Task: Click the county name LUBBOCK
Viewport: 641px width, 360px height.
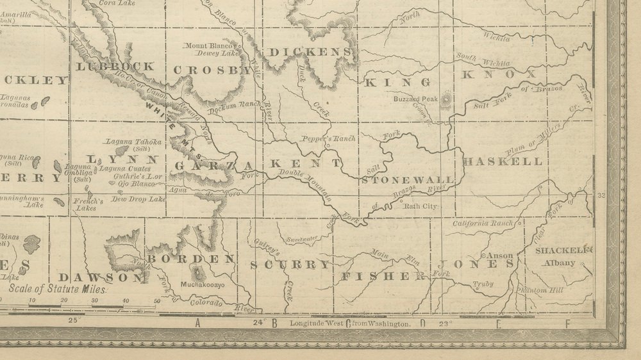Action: pyautogui.click(x=115, y=66)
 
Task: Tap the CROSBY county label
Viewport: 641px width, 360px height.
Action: pyautogui.click(x=211, y=70)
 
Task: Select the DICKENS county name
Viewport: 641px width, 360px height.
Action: pyautogui.click(x=310, y=52)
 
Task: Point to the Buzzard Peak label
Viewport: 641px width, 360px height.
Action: pyautogui.click(x=415, y=99)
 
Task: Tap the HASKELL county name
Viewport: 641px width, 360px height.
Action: pyautogui.click(x=502, y=161)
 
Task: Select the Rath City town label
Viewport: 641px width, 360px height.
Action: pyautogui.click(x=419, y=206)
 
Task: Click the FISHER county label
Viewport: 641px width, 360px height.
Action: pyautogui.click(x=384, y=276)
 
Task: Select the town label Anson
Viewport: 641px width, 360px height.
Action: pyautogui.click(x=501, y=255)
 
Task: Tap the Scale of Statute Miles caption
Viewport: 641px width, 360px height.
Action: pyautogui.click(x=58, y=289)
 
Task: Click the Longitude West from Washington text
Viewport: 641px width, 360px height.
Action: pyautogui.click(x=349, y=324)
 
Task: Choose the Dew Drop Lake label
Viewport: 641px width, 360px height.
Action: pyautogui.click(x=138, y=199)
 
